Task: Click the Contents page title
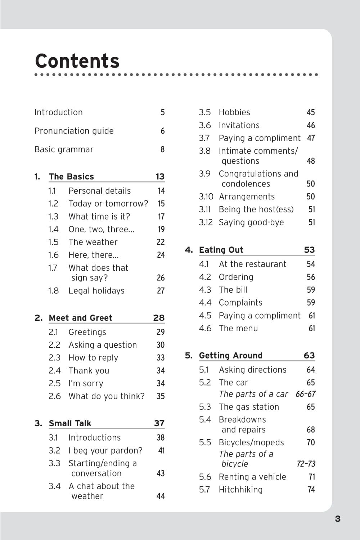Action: point(77,61)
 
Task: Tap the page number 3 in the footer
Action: point(337,519)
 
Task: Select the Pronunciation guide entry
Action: point(74,131)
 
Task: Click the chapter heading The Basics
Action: point(71,176)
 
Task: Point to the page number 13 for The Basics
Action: point(160,176)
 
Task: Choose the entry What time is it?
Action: point(99,216)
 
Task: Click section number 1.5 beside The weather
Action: point(53,242)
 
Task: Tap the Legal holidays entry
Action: point(96,291)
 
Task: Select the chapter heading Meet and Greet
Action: point(80,318)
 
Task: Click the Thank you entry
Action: point(89,370)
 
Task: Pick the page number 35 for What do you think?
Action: point(161,396)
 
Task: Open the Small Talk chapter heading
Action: point(70,423)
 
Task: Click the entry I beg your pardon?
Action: point(105,450)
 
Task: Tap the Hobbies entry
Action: point(234,112)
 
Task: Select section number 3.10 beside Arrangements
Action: point(206,197)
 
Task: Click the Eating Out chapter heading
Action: point(221,250)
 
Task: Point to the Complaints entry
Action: point(240,302)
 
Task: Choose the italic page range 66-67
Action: point(305,394)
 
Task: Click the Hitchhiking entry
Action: point(240,490)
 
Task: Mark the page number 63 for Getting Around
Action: point(309,355)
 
